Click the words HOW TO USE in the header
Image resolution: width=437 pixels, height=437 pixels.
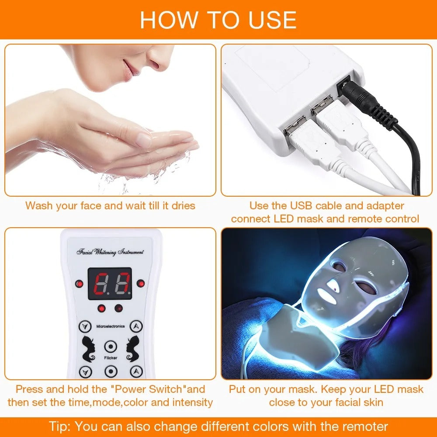pos(218,20)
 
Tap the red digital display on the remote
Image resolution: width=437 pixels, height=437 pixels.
pos(110,284)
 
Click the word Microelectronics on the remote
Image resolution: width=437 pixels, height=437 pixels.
pos(110,326)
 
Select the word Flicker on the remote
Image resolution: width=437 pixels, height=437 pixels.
pos(111,357)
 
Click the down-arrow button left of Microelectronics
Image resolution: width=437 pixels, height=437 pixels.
pos(85,326)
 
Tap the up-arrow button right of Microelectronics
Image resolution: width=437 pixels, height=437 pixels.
pos(137,326)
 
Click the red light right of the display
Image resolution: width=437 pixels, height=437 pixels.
pos(140,283)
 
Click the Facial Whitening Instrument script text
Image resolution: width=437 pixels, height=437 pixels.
pos(110,252)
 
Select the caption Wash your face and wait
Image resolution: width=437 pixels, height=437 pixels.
pos(110,205)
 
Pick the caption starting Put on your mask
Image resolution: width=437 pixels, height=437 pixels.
pos(326,395)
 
